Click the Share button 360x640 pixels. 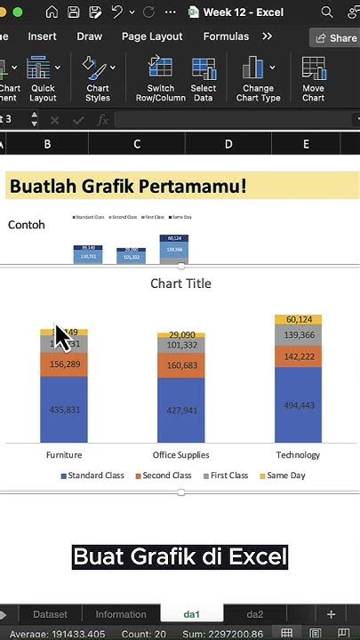pyautogui.click(x=334, y=38)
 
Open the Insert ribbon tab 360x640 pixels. pyautogui.click(x=42, y=36)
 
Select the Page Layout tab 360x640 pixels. pyautogui.click(x=152, y=36)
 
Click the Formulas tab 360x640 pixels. pyautogui.click(x=226, y=36)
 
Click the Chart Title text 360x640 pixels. pyautogui.click(x=180, y=284)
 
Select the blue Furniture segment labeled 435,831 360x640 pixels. pyautogui.click(x=63, y=409)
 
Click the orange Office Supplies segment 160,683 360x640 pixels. pyautogui.click(x=180, y=365)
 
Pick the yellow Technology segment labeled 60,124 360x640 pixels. pyautogui.click(x=298, y=320)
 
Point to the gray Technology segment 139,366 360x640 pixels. pyautogui.click(x=298, y=335)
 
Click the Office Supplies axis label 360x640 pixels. pyautogui.click(x=180, y=455)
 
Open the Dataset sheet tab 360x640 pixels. pyautogui.click(x=51, y=614)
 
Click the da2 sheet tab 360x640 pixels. pyautogui.click(x=255, y=614)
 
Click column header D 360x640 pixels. pyautogui.click(x=228, y=144)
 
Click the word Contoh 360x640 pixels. pyautogui.click(x=27, y=225)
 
